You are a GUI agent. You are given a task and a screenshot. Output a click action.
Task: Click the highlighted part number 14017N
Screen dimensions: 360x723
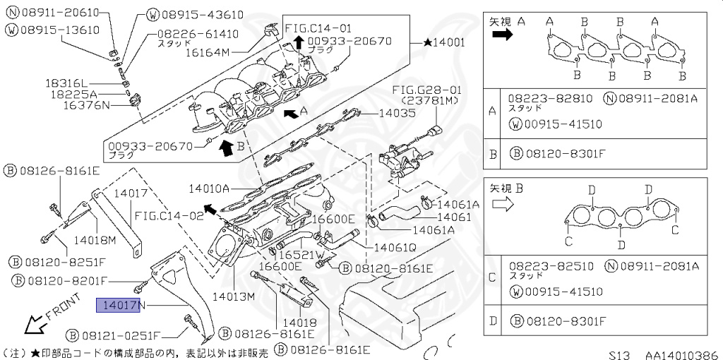coord(120,306)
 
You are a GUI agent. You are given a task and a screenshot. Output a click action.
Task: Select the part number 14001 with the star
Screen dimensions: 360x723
coord(444,42)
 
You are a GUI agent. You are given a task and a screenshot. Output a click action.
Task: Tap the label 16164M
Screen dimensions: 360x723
coord(224,52)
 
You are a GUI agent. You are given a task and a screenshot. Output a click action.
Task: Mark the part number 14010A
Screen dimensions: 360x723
coord(209,188)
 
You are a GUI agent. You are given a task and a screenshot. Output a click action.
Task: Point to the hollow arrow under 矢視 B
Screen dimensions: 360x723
coord(502,203)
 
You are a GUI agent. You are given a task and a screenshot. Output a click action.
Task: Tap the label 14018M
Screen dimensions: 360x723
coord(95,239)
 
